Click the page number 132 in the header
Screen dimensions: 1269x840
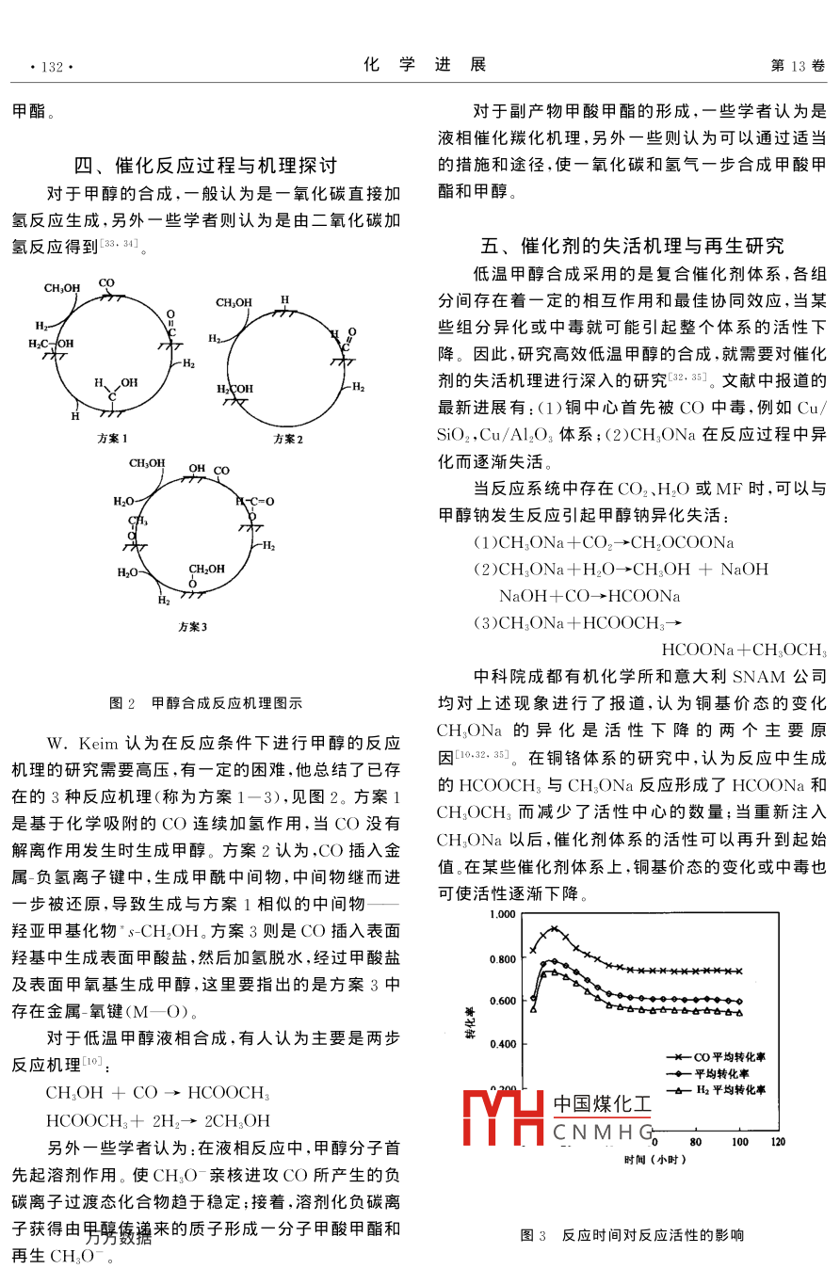point(52,66)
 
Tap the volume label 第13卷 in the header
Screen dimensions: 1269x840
point(798,66)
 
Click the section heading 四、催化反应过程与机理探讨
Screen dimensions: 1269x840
point(204,166)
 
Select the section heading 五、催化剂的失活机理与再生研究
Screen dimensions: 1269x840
point(632,247)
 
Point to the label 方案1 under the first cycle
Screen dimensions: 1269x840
point(112,439)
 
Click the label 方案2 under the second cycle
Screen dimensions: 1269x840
point(288,439)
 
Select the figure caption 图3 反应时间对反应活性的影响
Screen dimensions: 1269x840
point(632,1234)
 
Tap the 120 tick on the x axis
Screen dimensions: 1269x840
point(778,1142)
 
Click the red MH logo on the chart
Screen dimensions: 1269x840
point(503,1117)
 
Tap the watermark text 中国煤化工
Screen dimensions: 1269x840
point(603,1104)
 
